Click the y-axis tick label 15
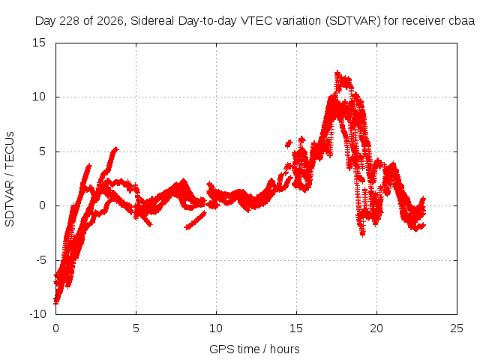click(x=39, y=43)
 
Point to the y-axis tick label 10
click(x=39, y=97)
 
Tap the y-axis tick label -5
click(x=40, y=260)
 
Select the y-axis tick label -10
click(x=37, y=314)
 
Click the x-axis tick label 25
click(x=457, y=328)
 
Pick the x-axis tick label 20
click(x=376, y=328)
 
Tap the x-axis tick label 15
click(x=296, y=328)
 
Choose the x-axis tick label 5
click(x=136, y=328)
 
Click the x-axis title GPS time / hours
click(x=254, y=349)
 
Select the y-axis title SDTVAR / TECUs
click(x=10, y=179)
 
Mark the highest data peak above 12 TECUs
click(x=337, y=72)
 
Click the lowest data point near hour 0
click(x=56, y=301)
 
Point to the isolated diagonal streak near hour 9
click(x=195, y=220)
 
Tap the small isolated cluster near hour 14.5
click(x=289, y=143)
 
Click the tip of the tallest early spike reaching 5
click(x=116, y=148)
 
